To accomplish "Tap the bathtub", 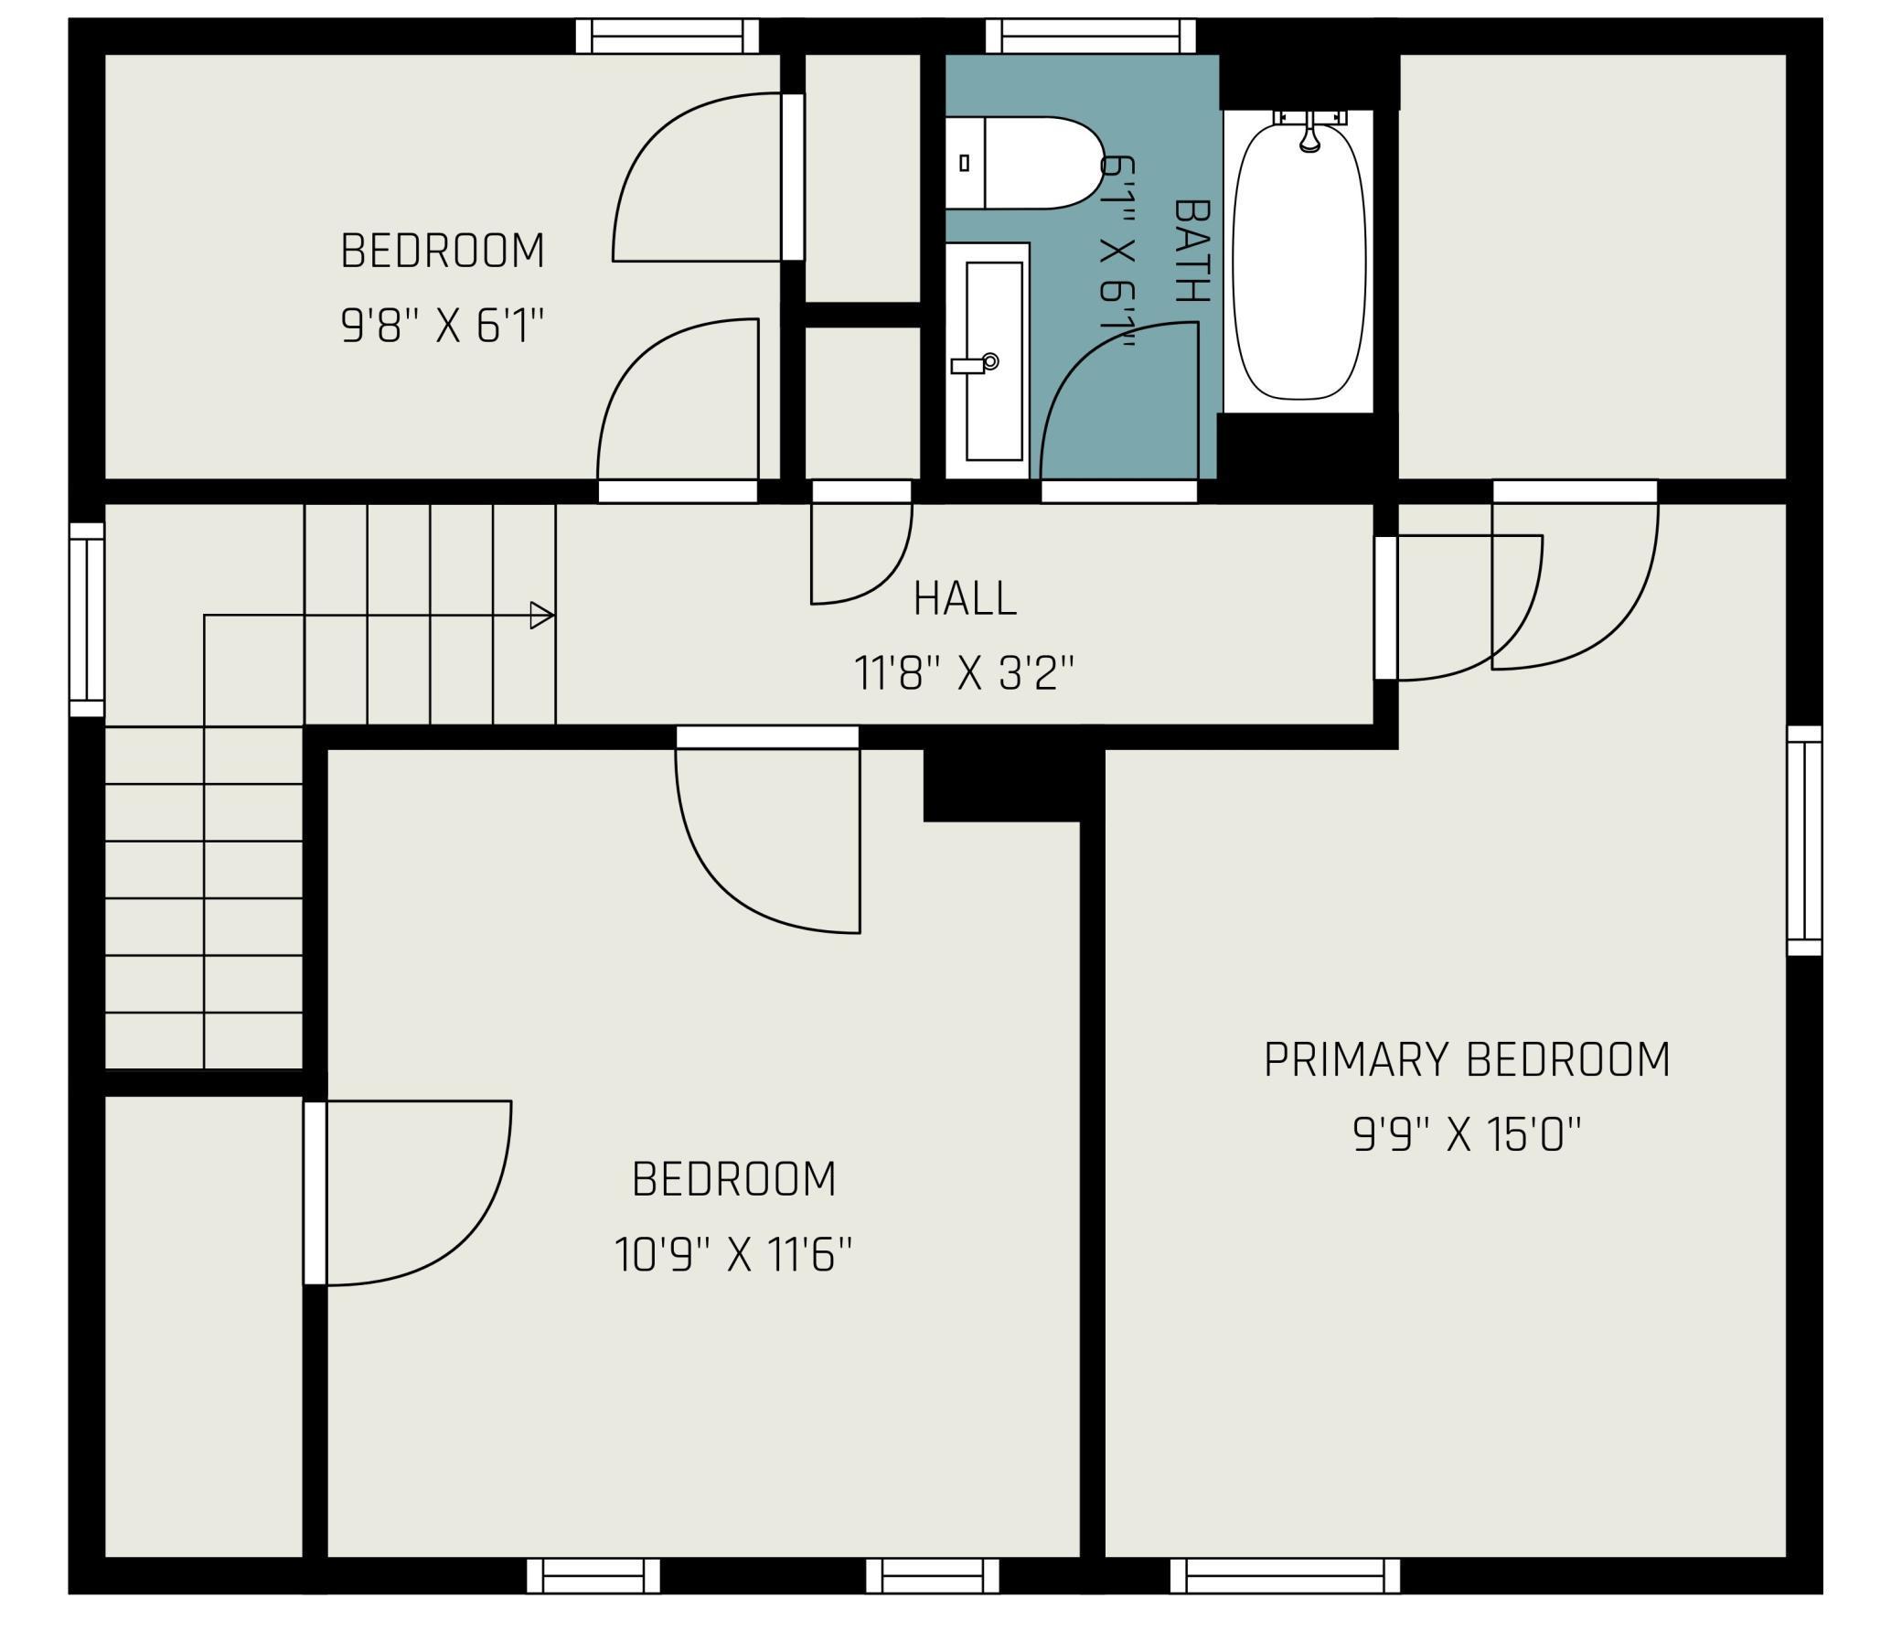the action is coord(1298,262).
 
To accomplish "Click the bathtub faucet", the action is coord(1310,134).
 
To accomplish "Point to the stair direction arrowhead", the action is coord(541,616).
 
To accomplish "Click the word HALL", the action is coord(965,599).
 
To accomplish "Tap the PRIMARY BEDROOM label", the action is coord(1467,1060).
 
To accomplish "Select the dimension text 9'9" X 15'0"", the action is coord(1467,1134).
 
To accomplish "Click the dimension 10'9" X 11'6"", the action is coord(733,1254).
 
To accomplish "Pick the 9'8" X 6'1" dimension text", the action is coord(443,325).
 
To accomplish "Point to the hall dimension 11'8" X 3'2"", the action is coord(964,673).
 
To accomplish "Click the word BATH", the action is coord(1191,251).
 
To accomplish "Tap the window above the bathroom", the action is coord(1091,37).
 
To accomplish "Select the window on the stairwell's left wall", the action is coord(87,620).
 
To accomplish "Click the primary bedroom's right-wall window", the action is coord(1804,841).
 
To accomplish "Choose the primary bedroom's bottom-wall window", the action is coord(1285,1576).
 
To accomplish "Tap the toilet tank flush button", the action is coord(964,163).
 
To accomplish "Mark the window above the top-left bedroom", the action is coord(668,37).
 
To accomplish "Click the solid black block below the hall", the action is coord(1001,785).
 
